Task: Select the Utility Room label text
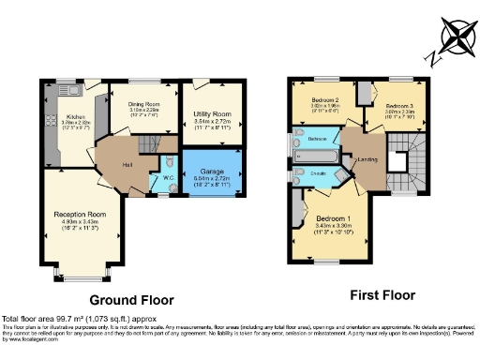(212, 113)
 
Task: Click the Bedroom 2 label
(323, 99)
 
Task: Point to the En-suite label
(317, 173)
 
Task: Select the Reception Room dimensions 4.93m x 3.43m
(80, 226)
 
